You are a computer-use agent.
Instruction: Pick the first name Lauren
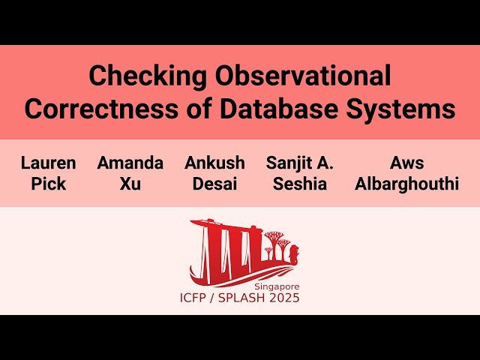pyautogui.click(x=48, y=163)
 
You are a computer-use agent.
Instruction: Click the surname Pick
pyautogui.click(x=48, y=184)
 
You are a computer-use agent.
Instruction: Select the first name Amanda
pyautogui.click(x=130, y=163)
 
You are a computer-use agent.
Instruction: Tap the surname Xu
pyautogui.click(x=130, y=184)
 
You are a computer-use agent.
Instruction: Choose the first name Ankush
pyautogui.click(x=214, y=163)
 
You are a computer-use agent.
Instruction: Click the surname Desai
pyautogui.click(x=214, y=184)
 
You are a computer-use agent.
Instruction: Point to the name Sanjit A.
pyautogui.click(x=300, y=163)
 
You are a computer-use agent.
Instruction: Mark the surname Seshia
pyautogui.click(x=300, y=184)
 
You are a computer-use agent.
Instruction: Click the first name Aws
pyautogui.click(x=406, y=163)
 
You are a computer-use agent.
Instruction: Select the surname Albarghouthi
pyautogui.click(x=406, y=184)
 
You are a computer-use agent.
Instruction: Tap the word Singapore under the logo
pyautogui.click(x=277, y=286)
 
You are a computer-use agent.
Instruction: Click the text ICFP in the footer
pyautogui.click(x=196, y=298)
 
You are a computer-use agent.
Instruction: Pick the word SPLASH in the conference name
pyautogui.click(x=246, y=298)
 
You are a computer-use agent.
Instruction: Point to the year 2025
pyautogui.click(x=286, y=298)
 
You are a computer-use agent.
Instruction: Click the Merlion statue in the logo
pyautogui.click(x=292, y=251)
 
